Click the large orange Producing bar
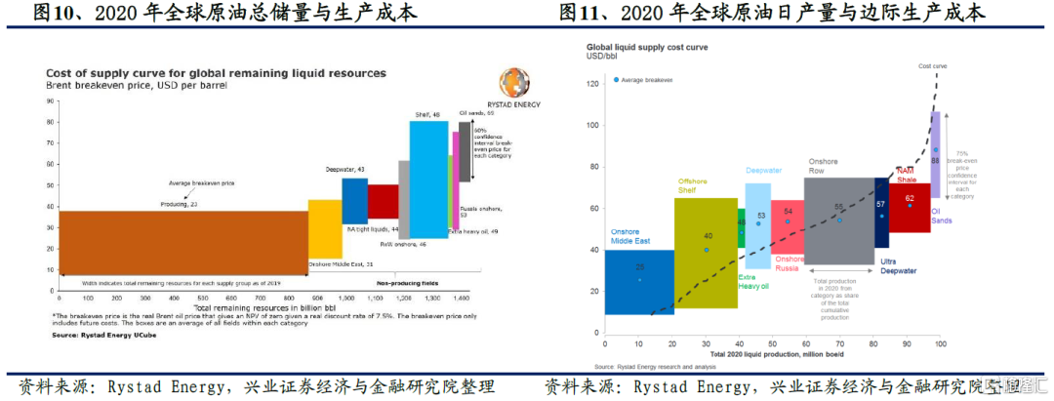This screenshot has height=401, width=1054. click(182, 242)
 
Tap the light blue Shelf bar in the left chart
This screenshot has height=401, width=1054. click(428, 176)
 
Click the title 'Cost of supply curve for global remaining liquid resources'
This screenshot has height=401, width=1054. click(216, 73)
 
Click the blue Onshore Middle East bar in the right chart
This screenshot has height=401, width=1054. click(639, 282)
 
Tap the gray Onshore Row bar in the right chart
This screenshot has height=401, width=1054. click(838, 221)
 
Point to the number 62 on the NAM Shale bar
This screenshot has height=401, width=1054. click(909, 198)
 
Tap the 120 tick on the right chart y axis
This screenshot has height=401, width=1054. click(591, 84)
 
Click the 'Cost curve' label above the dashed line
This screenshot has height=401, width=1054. click(933, 66)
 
